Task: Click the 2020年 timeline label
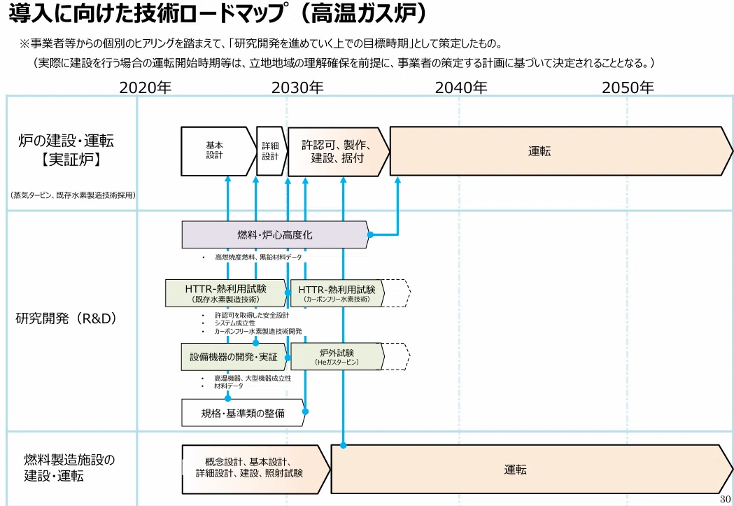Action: pos(146,87)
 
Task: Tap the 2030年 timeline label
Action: pos(297,87)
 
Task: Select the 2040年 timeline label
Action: pos(461,87)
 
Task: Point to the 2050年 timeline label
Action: pos(628,87)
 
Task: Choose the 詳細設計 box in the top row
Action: pos(271,151)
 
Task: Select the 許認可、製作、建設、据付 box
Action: pos(338,152)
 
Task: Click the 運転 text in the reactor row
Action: pos(539,151)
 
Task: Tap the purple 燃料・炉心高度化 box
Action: pos(275,234)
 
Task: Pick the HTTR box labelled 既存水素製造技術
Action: pos(226,293)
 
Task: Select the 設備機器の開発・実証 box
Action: pos(234,357)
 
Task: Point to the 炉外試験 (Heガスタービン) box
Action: pos(337,357)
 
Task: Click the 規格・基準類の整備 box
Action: pos(243,413)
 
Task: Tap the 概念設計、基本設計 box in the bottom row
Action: pos(255,469)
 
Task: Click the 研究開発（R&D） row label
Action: pos(66,318)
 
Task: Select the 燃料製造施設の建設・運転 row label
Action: pos(69,468)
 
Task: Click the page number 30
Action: pos(725,499)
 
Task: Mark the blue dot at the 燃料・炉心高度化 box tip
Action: pos(370,234)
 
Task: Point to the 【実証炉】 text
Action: pos(71,160)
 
